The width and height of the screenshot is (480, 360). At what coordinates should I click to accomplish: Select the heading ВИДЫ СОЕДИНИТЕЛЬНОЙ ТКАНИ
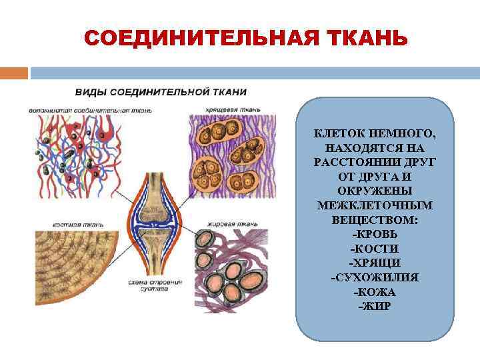pyautogui.click(x=160, y=91)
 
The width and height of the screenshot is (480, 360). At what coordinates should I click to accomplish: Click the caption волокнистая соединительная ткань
pyautogui.click(x=91, y=109)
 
